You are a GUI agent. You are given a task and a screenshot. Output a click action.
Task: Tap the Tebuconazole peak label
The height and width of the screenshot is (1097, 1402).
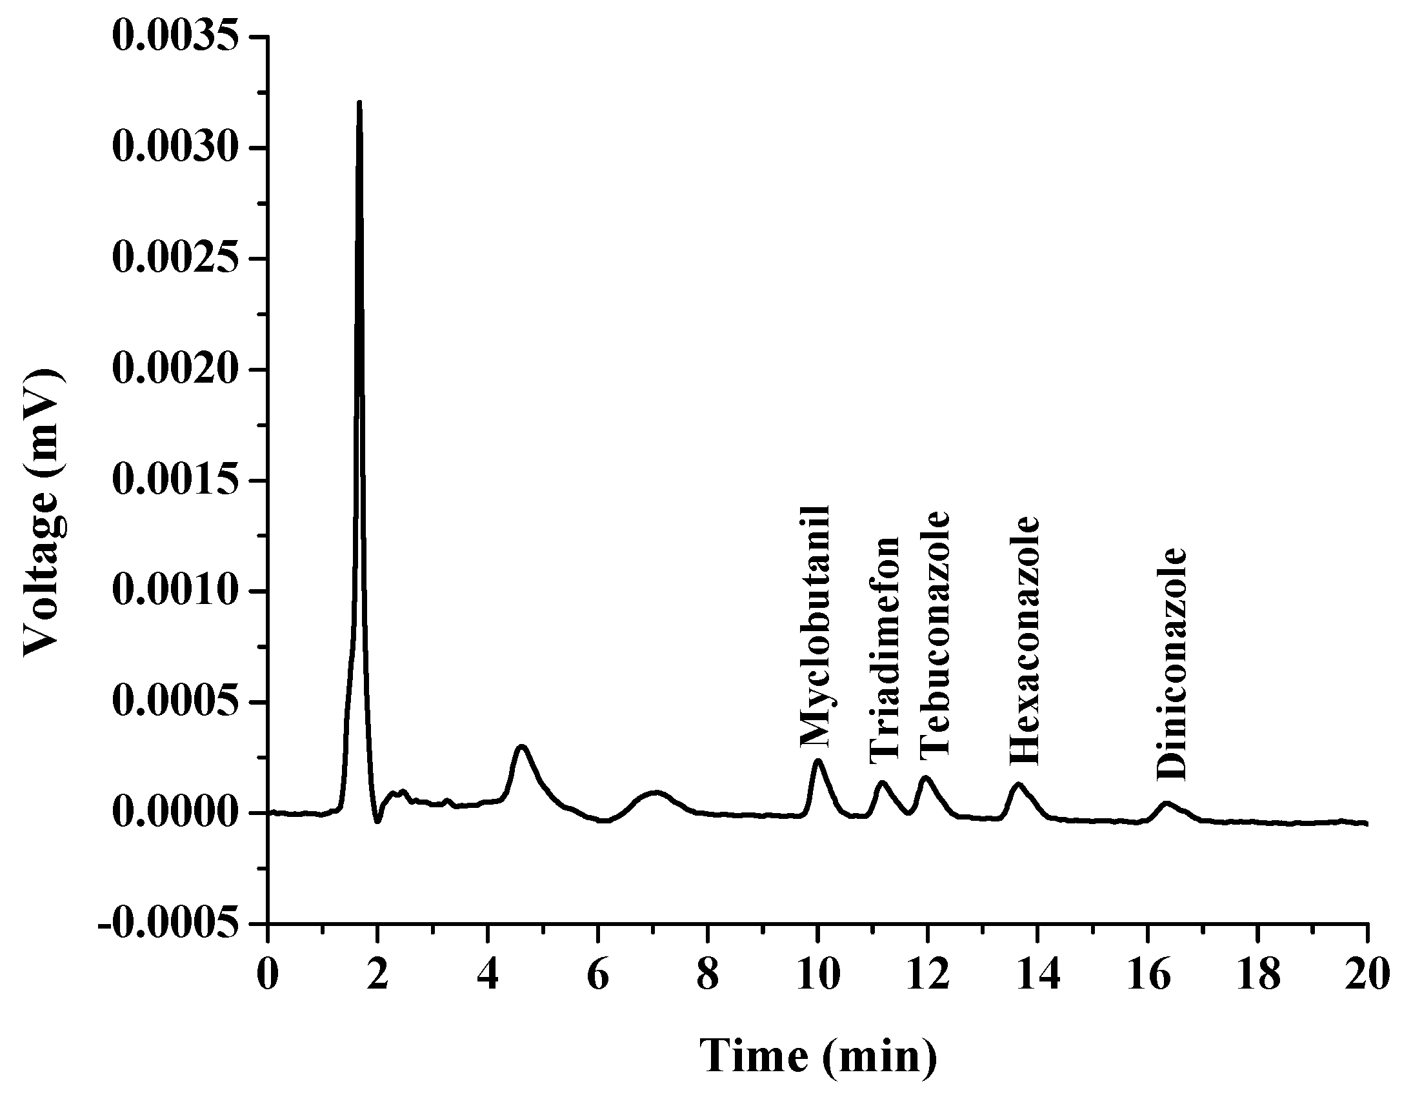pos(935,634)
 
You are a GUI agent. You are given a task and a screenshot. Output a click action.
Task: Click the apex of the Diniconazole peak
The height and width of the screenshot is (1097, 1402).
pos(1166,803)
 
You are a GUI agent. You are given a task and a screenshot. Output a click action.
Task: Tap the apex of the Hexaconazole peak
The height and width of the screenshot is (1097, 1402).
pos(1019,784)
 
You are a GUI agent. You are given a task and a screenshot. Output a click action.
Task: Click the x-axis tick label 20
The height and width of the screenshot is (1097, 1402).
pos(1367,976)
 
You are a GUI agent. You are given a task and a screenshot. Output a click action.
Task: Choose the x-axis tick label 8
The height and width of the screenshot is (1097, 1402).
pos(708,976)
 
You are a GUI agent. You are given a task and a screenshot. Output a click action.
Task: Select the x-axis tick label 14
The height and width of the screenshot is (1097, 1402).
pos(1037,976)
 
